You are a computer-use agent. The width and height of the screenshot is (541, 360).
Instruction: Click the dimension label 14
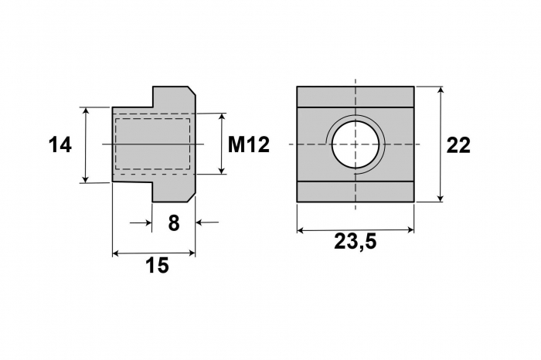pos(60,144)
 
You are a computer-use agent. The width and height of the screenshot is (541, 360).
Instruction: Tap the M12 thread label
pos(248,144)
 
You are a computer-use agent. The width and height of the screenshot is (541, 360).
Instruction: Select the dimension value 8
pos(174,222)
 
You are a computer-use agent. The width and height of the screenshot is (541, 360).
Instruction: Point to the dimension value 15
pos(157,265)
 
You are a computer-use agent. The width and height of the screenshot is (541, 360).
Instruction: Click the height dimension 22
pos(458,145)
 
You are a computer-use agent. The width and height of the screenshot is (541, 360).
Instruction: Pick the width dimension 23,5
pos(355,242)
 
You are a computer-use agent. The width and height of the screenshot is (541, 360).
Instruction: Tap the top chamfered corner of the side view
pos(192,90)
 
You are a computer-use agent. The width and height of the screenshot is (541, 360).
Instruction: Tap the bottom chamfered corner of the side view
pos(192,198)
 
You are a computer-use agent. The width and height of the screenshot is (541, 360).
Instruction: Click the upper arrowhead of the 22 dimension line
pos(441,90)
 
